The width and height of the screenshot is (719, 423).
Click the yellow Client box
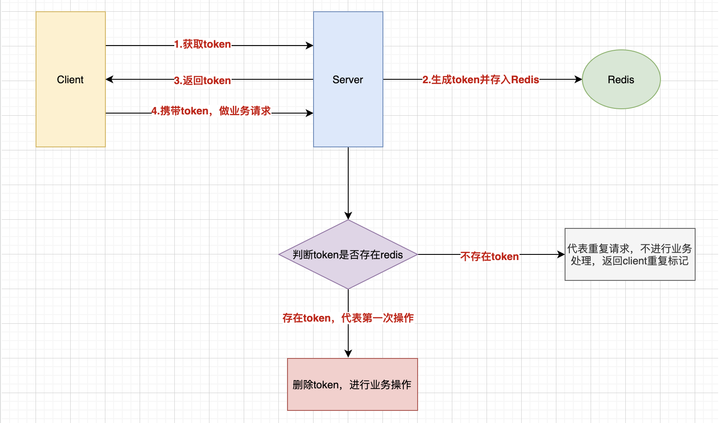[71, 79]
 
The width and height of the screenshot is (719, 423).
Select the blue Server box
[348, 79]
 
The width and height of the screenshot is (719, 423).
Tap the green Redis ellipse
[621, 79]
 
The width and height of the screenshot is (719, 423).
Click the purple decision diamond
[348, 254]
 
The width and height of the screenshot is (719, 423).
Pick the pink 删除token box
[353, 384]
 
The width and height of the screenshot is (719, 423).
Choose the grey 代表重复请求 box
[630, 254]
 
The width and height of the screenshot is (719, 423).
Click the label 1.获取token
[203, 44]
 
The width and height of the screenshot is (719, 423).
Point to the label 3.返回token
[203, 80]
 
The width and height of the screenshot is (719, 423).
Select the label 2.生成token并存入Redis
[480, 80]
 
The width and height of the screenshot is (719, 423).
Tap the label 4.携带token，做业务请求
[211, 111]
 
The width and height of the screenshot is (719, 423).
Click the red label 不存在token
[490, 256]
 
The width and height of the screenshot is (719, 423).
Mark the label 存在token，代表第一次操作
[348, 318]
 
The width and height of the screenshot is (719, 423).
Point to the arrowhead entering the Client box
[109, 79]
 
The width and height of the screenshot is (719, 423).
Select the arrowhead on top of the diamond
[348, 215]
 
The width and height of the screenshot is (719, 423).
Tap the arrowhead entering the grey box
[561, 254]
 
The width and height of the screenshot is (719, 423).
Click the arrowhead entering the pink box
[348, 354]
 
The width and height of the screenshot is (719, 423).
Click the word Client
[70, 80]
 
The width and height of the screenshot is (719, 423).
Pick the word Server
[348, 80]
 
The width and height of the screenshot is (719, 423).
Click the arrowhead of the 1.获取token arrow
[310, 46]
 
